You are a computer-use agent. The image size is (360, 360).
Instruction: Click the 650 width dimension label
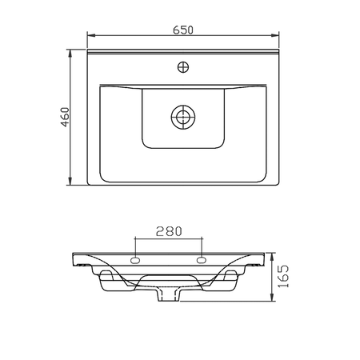click(183, 30)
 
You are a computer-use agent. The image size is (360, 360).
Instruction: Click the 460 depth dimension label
click(65, 117)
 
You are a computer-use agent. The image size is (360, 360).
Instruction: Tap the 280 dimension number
click(169, 231)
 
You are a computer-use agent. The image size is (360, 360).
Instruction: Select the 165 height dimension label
click(283, 276)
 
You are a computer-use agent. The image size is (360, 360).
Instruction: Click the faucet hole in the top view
click(183, 67)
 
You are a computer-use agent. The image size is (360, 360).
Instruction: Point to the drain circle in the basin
click(183, 117)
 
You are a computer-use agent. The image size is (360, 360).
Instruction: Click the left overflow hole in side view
click(135, 260)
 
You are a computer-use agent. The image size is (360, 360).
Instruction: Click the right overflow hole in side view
click(202, 260)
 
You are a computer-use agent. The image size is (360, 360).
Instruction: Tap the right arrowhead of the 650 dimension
click(275, 35)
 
